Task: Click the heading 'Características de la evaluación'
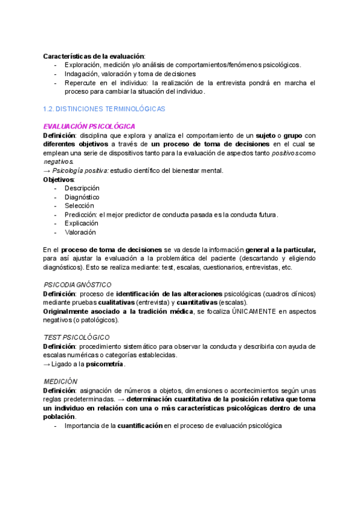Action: [x=94, y=55]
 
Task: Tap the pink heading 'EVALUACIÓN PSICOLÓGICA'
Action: [x=89, y=126]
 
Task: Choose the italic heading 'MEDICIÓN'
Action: [x=61, y=381]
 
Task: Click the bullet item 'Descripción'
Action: [x=82, y=188]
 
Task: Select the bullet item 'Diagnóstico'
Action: [x=82, y=197]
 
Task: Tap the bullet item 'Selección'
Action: [x=79, y=206]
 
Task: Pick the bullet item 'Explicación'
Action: [x=82, y=223]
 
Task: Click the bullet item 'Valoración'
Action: [x=80, y=232]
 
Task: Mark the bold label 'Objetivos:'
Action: [x=59, y=179]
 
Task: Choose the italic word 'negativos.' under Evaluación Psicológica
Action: [x=58, y=161]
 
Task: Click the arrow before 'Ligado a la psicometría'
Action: [x=47, y=364]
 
